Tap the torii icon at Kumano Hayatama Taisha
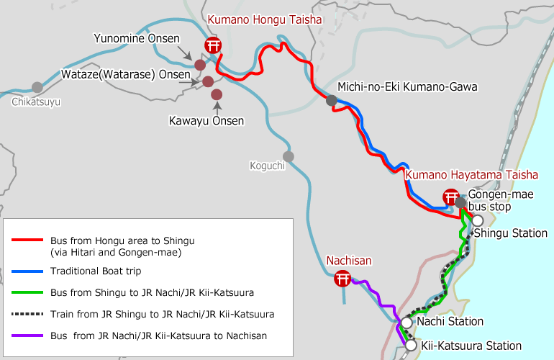click(x=451, y=196)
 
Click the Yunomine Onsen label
click(x=136, y=37)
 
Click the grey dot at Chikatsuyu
click(x=37, y=87)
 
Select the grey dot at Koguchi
click(x=289, y=156)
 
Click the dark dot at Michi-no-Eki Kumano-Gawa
click(x=331, y=101)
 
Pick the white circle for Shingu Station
click(x=477, y=220)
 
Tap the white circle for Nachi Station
click(x=407, y=323)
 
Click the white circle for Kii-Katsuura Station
click(x=411, y=346)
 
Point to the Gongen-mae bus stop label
click(x=490, y=200)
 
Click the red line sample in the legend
click(x=27, y=240)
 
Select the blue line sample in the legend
click(x=27, y=271)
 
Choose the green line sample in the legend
click(x=27, y=292)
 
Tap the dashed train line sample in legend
click(x=27, y=314)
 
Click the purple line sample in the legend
click(x=27, y=336)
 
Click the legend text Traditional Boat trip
click(x=96, y=271)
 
